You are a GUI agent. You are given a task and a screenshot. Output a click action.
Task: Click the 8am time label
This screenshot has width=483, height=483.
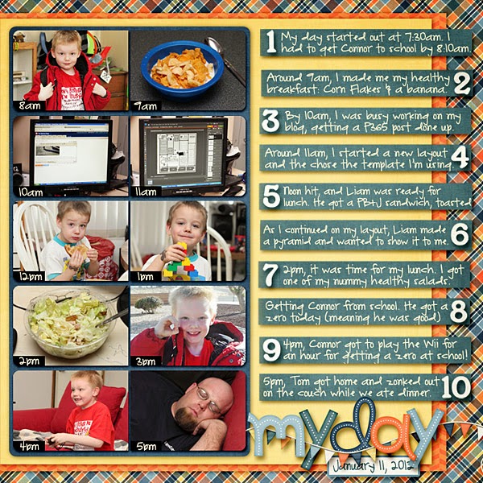pyautogui.click(x=30, y=106)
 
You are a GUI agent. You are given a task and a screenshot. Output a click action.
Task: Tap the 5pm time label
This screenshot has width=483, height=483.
pyautogui.click(x=146, y=446)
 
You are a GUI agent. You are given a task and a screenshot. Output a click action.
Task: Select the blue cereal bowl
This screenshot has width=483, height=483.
pyautogui.click(x=183, y=69)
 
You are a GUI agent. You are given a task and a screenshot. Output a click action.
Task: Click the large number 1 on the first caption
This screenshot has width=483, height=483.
pyautogui.click(x=271, y=42)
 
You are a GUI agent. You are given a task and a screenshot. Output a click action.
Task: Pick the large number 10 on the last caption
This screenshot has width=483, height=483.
pyautogui.click(x=456, y=387)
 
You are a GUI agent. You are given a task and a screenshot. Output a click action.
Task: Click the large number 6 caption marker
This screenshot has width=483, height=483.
pyautogui.click(x=460, y=235)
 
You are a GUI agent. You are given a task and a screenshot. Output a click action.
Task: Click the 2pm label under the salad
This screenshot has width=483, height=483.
pyautogui.click(x=29, y=361)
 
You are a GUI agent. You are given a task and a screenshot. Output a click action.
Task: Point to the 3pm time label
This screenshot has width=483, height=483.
pyautogui.click(x=146, y=361)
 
